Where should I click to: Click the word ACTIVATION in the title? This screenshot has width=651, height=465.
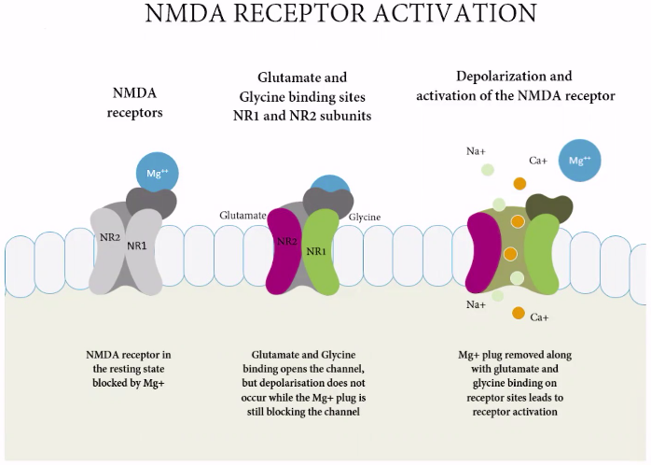(x=454, y=12)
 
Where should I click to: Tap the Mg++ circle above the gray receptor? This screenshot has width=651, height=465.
(x=158, y=173)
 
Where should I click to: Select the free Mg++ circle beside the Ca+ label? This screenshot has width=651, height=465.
(x=579, y=161)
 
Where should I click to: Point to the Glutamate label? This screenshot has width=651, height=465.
(x=242, y=216)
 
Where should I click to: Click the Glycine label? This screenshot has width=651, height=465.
(x=365, y=217)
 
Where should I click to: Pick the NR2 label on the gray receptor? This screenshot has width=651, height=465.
(x=110, y=237)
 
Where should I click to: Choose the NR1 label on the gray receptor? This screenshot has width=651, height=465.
(x=136, y=246)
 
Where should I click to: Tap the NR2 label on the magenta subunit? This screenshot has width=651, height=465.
(x=287, y=242)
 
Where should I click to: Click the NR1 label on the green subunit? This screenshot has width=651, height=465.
(x=316, y=251)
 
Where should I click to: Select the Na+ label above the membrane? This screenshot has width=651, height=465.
(x=476, y=151)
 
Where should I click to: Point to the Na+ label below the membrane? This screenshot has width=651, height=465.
(x=476, y=304)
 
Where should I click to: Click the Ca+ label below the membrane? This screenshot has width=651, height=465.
(x=539, y=317)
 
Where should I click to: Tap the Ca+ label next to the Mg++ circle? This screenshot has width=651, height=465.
(x=538, y=161)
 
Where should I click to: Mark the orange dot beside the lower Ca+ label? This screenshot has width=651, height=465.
(x=519, y=313)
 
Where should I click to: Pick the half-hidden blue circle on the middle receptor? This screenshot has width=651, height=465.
(x=330, y=184)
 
